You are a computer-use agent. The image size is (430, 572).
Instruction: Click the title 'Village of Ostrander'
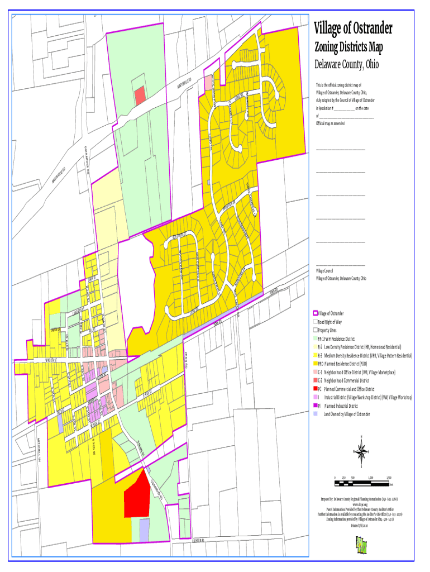[353, 28]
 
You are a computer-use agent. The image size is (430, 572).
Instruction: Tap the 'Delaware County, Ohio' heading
[346, 65]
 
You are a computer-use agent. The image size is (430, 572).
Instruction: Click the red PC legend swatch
[316, 389]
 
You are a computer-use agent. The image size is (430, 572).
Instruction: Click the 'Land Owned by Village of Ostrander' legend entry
[346, 414]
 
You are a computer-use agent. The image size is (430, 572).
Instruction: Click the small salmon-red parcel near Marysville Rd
[140, 95]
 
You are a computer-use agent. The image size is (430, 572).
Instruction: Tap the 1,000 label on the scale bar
[371, 478]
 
